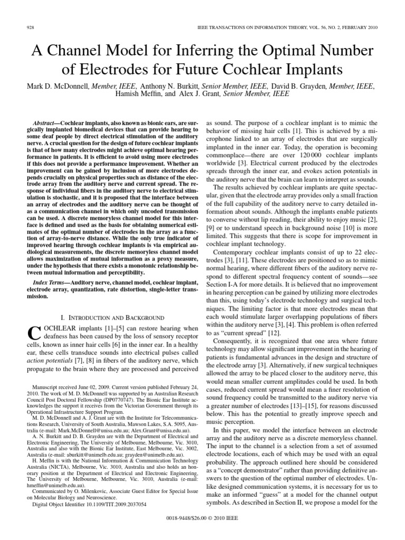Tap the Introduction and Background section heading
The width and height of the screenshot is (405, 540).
coord(112,318)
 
